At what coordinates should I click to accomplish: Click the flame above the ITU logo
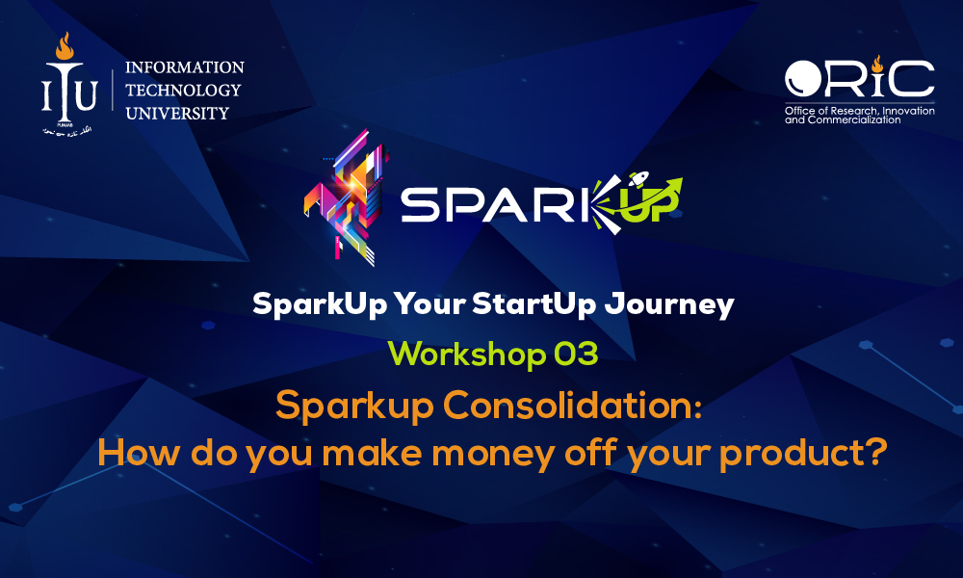click(x=65, y=46)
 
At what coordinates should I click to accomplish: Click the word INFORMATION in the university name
click(x=185, y=67)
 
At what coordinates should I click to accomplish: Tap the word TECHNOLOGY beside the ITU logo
click(x=183, y=91)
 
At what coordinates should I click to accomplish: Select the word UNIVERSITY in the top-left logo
click(x=177, y=113)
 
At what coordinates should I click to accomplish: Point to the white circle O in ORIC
click(x=803, y=78)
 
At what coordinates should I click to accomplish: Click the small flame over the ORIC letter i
click(x=877, y=64)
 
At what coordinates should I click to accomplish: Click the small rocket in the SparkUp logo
click(x=638, y=178)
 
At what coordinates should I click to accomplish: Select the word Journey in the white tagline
click(x=669, y=304)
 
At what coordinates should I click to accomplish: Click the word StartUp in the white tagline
click(x=534, y=304)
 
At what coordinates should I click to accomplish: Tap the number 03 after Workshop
click(x=576, y=355)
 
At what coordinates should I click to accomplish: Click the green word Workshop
click(x=467, y=355)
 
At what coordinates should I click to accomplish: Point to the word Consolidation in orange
click(x=572, y=406)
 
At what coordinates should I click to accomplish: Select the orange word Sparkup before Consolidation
click(x=354, y=407)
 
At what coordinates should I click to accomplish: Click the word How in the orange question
click(x=139, y=453)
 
